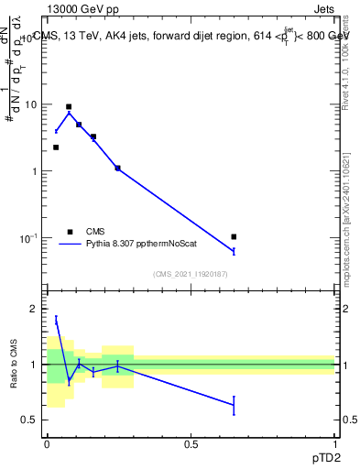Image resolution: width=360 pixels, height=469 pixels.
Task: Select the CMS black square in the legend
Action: click(70, 232)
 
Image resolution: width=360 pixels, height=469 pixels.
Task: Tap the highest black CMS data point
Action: click(69, 107)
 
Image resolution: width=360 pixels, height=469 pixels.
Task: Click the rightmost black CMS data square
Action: click(234, 237)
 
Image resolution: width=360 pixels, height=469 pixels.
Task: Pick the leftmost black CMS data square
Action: click(56, 147)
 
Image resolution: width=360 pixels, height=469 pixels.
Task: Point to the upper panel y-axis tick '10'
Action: click(31, 104)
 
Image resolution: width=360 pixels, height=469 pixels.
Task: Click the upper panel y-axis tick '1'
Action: click(35, 171)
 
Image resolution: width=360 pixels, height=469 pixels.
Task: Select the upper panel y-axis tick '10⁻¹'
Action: click(29, 237)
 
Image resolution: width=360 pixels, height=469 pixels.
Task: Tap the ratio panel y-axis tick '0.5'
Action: click(30, 420)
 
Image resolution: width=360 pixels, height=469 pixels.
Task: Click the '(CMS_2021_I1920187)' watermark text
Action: click(191, 274)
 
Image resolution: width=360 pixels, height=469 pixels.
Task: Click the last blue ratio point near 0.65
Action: click(234, 405)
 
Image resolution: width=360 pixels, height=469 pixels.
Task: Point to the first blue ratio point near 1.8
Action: click(56, 320)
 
